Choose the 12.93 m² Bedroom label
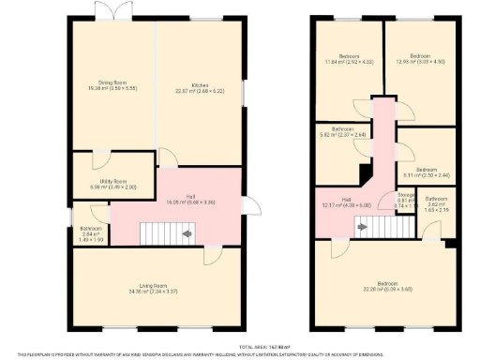tap(420, 58)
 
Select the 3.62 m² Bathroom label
tap(437, 201)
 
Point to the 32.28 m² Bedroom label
tap(385, 286)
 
